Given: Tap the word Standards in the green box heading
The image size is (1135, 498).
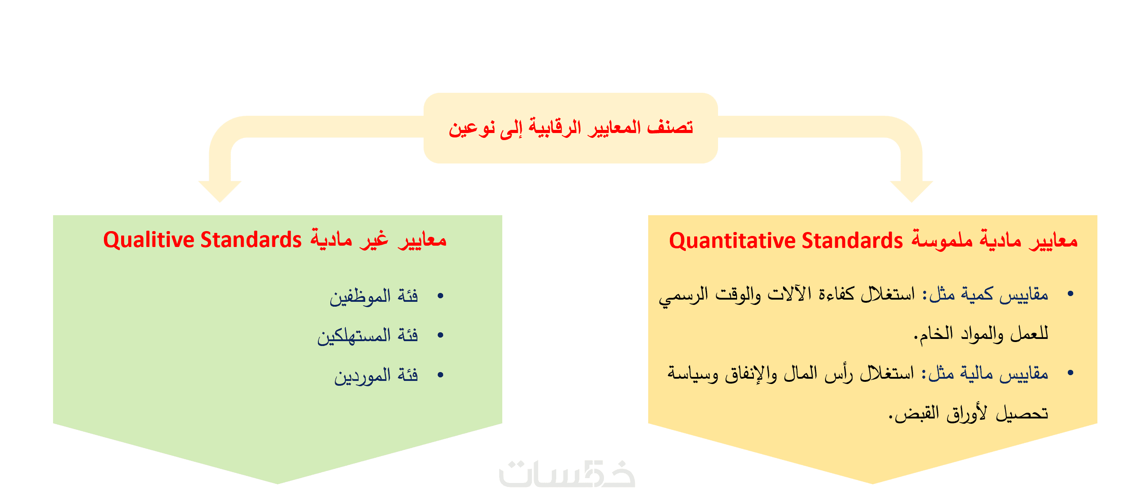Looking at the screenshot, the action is pos(251,240).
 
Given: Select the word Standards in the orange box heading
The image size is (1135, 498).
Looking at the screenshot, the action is pos(852,241).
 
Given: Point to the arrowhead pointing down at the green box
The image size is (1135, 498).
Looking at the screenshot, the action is pos(220,191).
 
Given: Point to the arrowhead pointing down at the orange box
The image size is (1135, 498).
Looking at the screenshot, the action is pos(911,191).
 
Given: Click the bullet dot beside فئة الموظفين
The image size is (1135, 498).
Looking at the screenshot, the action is pos(440,296).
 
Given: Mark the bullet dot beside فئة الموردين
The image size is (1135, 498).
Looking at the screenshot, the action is pos(440,375).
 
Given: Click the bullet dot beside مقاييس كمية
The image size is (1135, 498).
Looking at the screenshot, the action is pos(1070,294).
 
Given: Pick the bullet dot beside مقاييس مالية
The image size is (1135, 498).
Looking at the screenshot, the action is pos(1070,373).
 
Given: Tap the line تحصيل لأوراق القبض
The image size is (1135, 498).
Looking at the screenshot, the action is pos(969,414).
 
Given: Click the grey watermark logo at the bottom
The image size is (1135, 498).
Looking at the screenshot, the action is pos(567,474).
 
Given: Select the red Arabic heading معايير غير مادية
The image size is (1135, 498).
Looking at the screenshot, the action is pos(378,240).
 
